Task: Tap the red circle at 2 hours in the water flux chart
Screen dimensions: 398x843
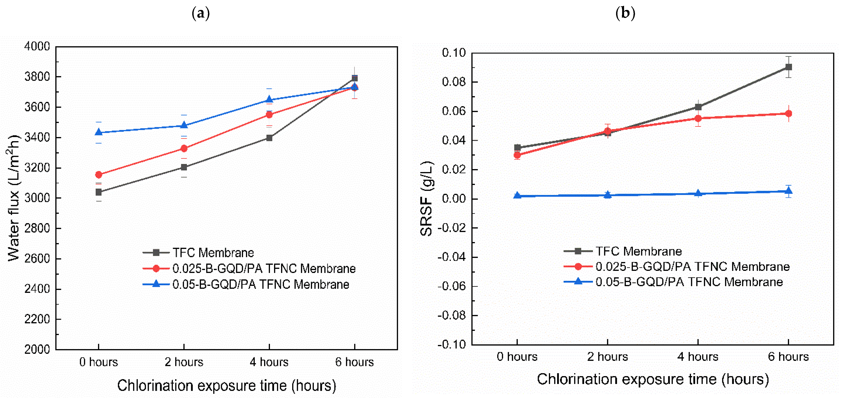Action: (x=184, y=148)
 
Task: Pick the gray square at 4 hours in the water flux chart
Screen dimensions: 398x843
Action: (x=269, y=138)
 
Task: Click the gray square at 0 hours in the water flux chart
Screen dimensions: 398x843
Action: (x=99, y=192)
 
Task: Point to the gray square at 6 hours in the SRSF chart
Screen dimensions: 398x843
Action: (x=789, y=67)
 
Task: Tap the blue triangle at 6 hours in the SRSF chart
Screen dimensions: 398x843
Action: (x=789, y=191)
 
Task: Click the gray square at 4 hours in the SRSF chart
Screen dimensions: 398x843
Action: (x=698, y=107)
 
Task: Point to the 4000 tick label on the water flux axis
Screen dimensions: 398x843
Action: (x=37, y=46)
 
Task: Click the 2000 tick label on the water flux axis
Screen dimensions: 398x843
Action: (x=37, y=349)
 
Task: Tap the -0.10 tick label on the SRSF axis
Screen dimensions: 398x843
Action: (x=452, y=345)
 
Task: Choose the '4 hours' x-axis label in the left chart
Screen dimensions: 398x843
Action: (x=269, y=362)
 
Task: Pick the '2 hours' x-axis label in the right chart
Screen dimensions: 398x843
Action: (x=607, y=357)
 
